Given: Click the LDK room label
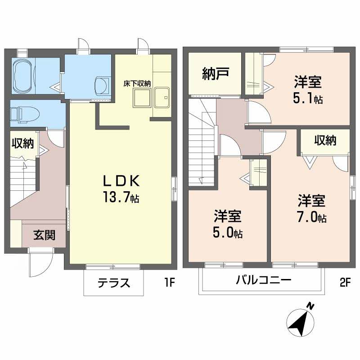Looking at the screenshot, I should click(x=120, y=180).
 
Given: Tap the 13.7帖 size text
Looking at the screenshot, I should click(x=120, y=197).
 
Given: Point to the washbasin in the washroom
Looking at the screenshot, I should click(x=102, y=84).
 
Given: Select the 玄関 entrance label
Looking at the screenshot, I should click(x=44, y=234).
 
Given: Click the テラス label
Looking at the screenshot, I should click(x=114, y=283).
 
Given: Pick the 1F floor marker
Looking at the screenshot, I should click(x=169, y=283).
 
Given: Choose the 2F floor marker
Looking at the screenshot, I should click(x=345, y=283).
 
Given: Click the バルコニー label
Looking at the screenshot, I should click(x=264, y=280).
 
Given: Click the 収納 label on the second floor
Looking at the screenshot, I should click(x=325, y=140).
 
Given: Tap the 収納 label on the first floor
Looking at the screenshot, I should click(x=22, y=144).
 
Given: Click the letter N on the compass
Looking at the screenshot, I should click(x=310, y=306).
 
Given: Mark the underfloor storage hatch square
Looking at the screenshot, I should click(x=142, y=97).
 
